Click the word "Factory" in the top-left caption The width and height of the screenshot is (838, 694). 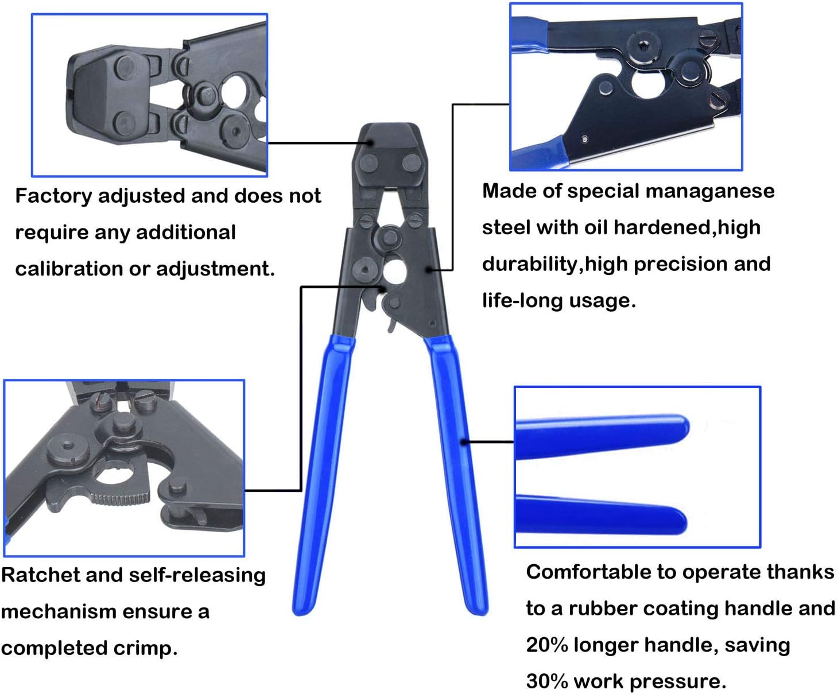[53, 196]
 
